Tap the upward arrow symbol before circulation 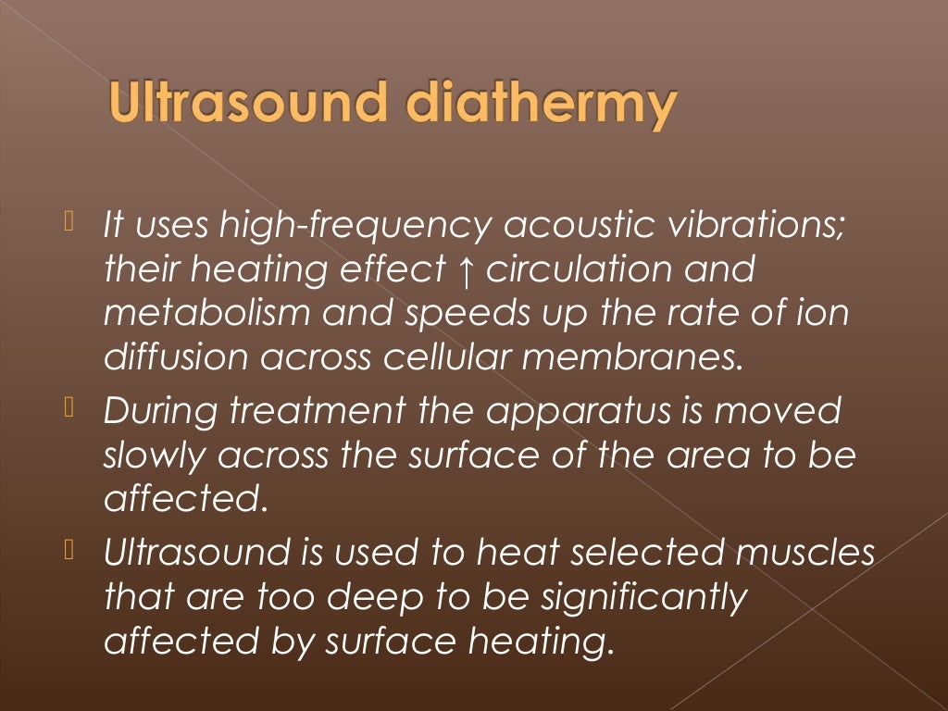465,270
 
